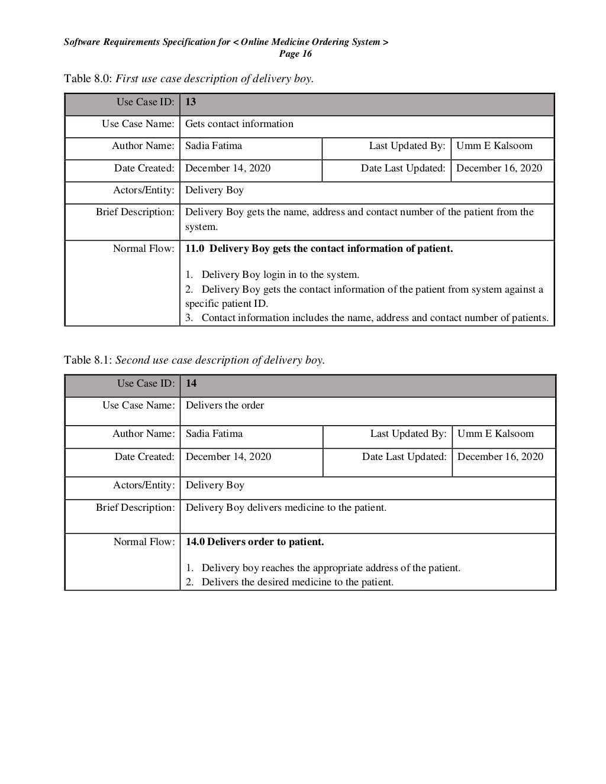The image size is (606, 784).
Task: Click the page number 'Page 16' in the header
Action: click(295, 54)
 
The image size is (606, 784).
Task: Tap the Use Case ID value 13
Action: click(191, 102)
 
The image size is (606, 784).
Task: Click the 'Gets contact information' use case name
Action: click(239, 124)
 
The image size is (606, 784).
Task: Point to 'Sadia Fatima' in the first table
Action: click(214, 145)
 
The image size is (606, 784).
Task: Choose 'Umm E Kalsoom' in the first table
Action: click(494, 145)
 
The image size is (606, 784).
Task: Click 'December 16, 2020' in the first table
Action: click(499, 168)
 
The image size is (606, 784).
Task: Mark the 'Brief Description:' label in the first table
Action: click(136, 212)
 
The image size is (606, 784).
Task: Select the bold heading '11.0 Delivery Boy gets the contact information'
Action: click(319, 248)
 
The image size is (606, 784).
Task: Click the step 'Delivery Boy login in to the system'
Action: click(280, 274)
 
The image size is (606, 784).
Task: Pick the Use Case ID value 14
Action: click(191, 383)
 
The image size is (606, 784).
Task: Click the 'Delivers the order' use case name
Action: click(225, 405)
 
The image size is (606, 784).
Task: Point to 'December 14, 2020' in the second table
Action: click(228, 456)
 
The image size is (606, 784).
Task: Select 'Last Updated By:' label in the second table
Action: click(408, 433)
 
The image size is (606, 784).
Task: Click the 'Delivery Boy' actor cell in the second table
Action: click(215, 485)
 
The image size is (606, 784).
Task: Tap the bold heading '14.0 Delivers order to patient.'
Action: click(255, 542)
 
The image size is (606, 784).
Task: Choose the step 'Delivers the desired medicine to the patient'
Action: click(297, 582)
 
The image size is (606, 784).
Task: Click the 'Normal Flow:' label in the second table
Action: click(144, 542)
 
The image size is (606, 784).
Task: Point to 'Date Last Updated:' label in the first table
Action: click(403, 168)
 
